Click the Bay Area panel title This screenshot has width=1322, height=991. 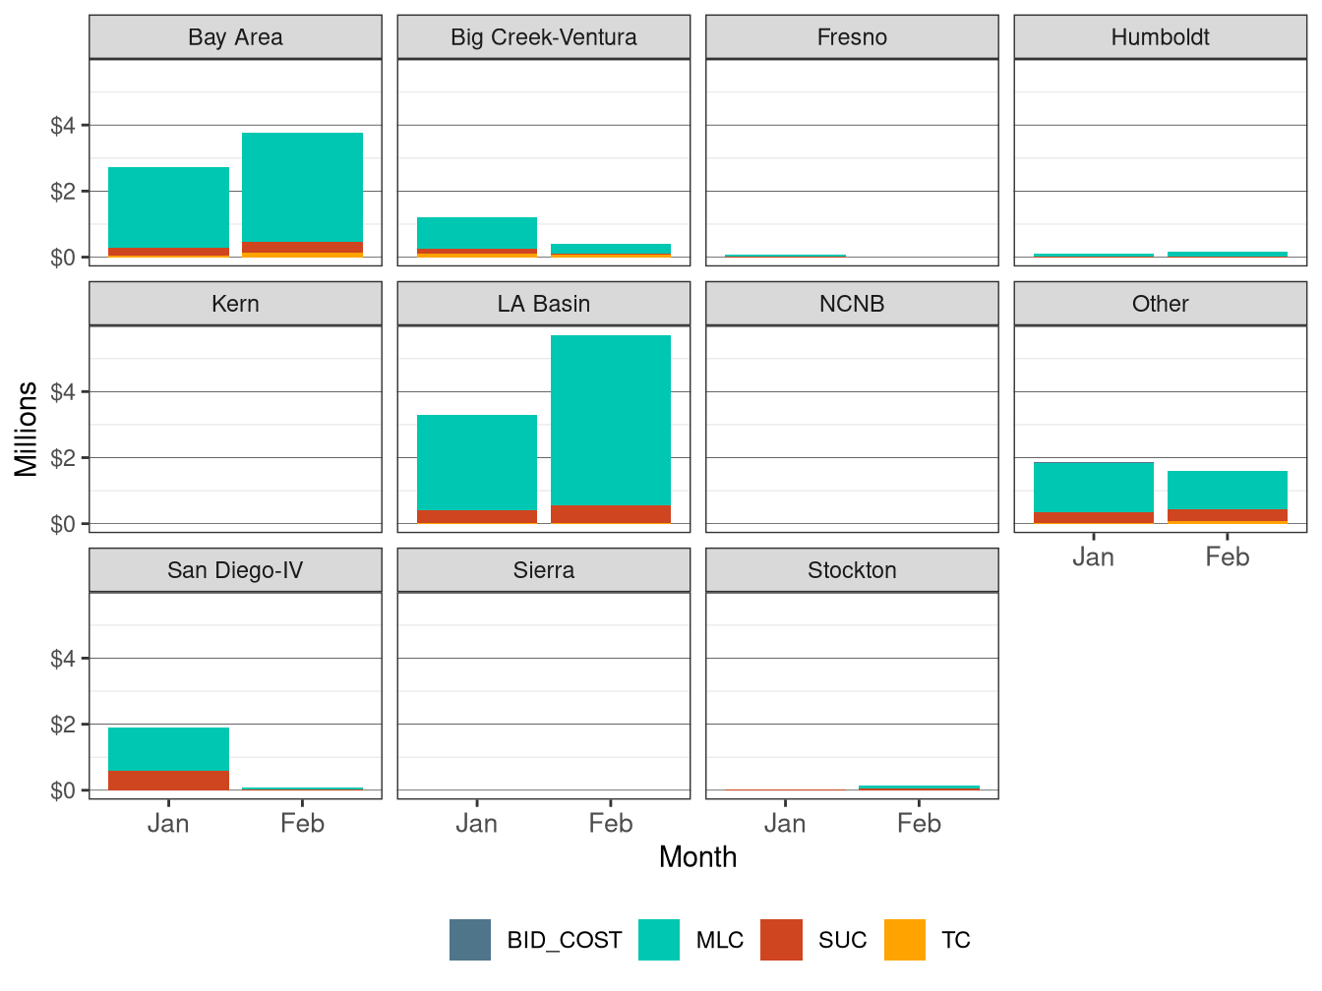coord(235,37)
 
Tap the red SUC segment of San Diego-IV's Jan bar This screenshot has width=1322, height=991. coord(168,780)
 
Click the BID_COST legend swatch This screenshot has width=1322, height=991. coord(470,940)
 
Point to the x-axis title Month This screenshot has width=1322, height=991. coord(697,857)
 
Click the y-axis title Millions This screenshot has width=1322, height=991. coord(27,429)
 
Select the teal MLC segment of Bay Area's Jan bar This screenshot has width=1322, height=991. coord(168,207)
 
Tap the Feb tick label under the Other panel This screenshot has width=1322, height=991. coord(1227,557)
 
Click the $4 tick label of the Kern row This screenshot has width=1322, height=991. coord(63,392)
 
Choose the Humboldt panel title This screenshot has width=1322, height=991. coord(1160,37)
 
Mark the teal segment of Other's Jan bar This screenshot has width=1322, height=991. coord(1093,487)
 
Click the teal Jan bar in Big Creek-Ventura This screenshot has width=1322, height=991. coord(477,233)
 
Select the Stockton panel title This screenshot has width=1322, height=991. coord(852,570)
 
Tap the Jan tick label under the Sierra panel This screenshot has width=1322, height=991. coord(477,824)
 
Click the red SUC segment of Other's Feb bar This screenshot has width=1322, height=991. coord(1227,514)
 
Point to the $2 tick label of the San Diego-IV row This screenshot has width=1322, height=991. coord(63,725)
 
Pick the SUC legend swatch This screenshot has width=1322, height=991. coord(781,940)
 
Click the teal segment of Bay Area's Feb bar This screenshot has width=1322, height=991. coord(302,187)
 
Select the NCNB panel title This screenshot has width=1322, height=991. coord(852,304)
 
